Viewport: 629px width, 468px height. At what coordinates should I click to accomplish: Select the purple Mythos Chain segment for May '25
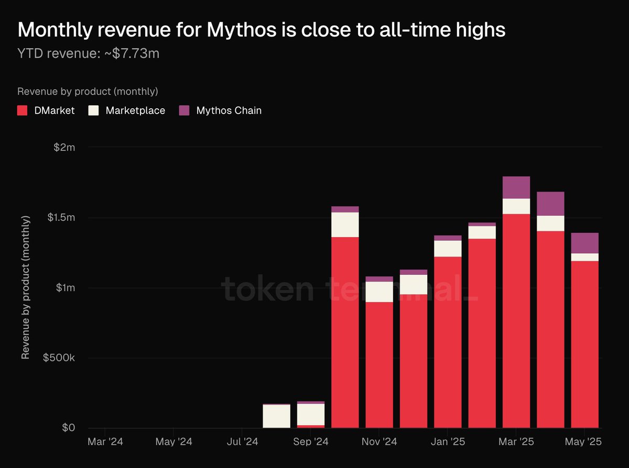[584, 243]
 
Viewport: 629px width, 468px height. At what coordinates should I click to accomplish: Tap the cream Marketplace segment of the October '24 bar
[345, 225]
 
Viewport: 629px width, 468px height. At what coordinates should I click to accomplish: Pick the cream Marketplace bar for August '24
[276, 416]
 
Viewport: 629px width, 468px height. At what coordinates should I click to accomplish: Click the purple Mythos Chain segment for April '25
[550, 204]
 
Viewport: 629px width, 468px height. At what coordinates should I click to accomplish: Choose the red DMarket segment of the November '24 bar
[379, 365]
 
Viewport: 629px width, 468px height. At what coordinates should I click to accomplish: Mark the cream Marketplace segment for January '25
[448, 249]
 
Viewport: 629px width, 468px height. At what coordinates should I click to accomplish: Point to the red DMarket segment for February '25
[482, 333]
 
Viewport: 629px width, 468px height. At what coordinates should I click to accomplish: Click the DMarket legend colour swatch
[23, 110]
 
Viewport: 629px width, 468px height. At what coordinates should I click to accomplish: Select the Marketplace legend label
[135, 110]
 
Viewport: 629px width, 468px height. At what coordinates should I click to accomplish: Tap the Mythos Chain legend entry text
[229, 110]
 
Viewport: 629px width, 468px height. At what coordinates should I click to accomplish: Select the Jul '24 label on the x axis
[242, 442]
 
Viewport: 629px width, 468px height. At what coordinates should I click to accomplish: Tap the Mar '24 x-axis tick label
[105, 442]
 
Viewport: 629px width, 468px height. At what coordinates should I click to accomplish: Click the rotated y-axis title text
[25, 287]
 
